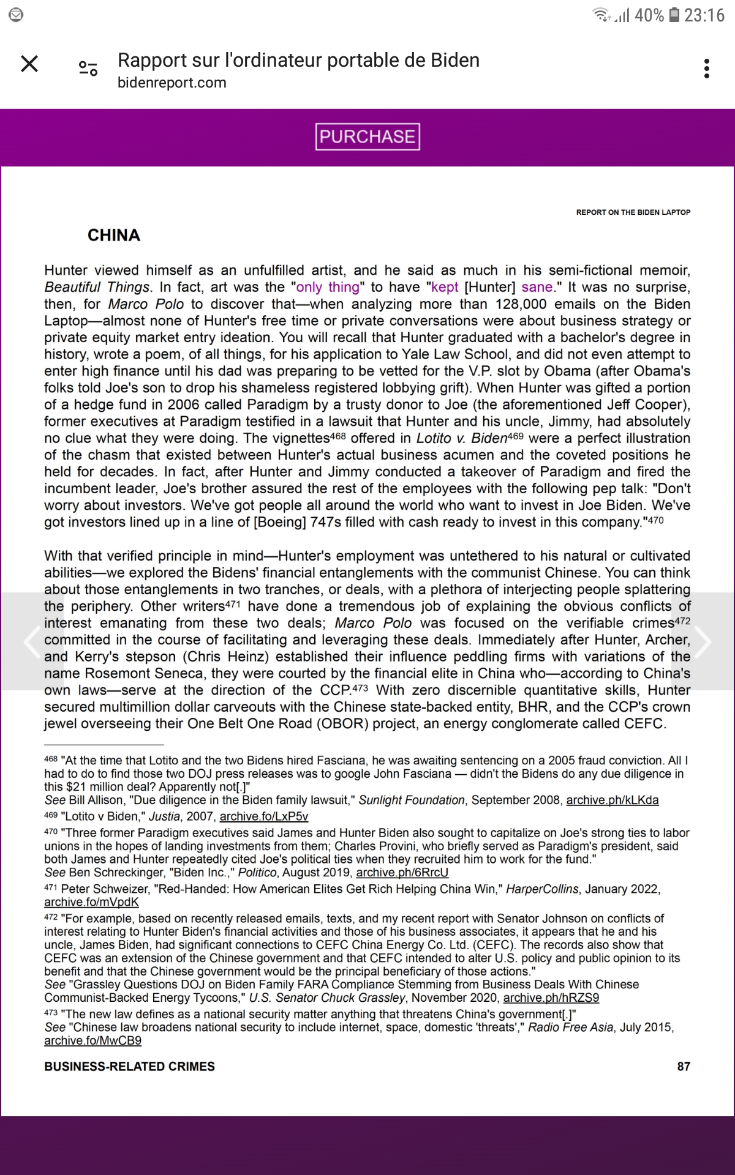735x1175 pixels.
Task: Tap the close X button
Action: point(29,64)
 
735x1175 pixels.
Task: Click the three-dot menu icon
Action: point(707,69)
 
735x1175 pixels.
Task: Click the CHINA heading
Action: point(114,236)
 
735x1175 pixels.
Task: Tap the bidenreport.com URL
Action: point(172,83)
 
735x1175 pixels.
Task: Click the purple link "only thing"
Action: point(328,287)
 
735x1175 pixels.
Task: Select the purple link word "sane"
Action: point(537,287)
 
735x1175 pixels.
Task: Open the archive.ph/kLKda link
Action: point(612,800)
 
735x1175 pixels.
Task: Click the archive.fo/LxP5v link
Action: point(264,816)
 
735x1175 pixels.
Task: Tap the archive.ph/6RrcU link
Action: point(402,872)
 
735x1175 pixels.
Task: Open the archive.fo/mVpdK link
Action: point(91,902)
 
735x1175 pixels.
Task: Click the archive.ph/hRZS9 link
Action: point(551,998)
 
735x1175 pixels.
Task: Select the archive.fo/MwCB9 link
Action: point(92,1040)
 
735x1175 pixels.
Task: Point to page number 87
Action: point(684,1067)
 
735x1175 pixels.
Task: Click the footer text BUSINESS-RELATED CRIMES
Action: point(129,1067)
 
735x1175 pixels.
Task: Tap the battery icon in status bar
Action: point(674,15)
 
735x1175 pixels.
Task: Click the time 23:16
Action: point(704,15)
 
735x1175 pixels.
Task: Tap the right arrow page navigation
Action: point(703,641)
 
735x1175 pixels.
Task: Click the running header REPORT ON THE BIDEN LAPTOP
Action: point(633,212)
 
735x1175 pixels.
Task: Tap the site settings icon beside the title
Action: point(88,69)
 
